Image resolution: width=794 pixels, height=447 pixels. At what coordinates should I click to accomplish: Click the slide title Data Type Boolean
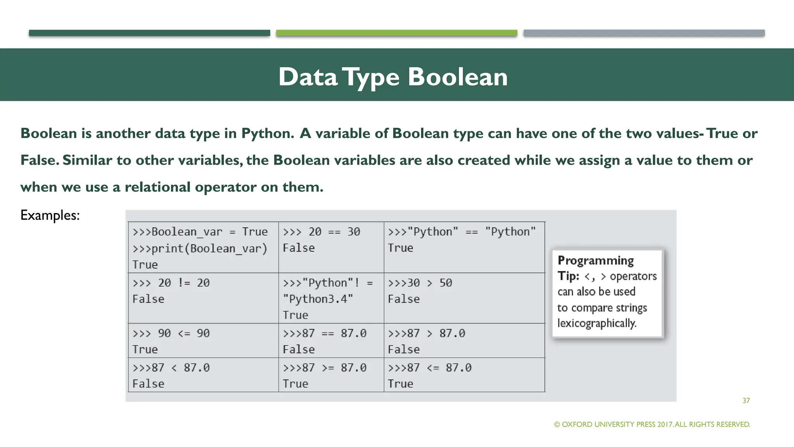(x=393, y=76)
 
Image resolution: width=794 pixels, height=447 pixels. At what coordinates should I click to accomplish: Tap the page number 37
(x=746, y=400)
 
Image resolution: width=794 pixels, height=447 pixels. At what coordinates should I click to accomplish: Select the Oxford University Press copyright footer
(x=652, y=424)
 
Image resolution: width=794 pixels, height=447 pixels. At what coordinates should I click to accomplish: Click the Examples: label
(x=50, y=215)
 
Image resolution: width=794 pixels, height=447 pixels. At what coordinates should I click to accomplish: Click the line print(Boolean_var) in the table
(x=200, y=248)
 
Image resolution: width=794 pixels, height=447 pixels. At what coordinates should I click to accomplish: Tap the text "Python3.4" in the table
(x=318, y=299)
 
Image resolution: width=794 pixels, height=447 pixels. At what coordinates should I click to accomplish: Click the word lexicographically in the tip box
(x=597, y=323)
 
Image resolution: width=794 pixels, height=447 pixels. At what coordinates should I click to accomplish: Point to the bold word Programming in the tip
(x=595, y=260)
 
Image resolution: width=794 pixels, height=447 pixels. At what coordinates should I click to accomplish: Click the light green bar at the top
(x=396, y=33)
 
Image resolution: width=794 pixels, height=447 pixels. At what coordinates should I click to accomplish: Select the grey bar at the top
(x=644, y=33)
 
